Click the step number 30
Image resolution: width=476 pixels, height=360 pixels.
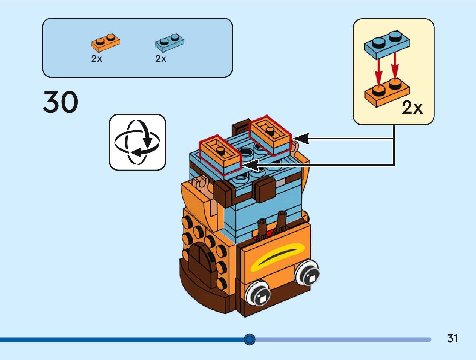(x=61, y=102)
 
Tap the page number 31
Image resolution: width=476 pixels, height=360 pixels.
(x=452, y=338)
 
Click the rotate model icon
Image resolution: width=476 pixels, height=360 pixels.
(x=137, y=142)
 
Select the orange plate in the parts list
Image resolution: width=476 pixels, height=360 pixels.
(x=105, y=42)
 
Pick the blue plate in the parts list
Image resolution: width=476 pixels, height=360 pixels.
(x=169, y=42)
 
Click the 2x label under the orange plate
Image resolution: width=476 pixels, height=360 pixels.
(x=96, y=59)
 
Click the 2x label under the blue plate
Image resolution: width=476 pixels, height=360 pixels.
(x=161, y=59)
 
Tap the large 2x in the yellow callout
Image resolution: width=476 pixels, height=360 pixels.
(x=412, y=108)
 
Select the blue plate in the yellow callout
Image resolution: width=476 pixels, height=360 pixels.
(x=387, y=44)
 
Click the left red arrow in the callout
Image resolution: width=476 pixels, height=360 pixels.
(x=378, y=72)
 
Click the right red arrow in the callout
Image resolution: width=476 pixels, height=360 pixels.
(x=395, y=67)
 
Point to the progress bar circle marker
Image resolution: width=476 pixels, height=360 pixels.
(x=249, y=340)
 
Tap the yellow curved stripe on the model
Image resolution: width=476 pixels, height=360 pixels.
(x=278, y=256)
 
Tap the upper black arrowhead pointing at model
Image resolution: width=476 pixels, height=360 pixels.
(x=301, y=138)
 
